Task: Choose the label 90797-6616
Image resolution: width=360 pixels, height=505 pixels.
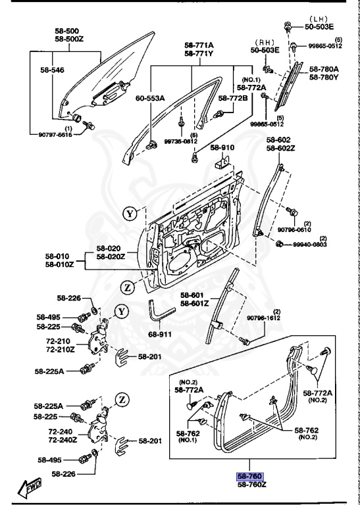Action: click(51, 134)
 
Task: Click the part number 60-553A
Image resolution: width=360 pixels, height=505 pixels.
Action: click(151, 98)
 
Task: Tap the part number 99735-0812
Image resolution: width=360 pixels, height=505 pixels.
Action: click(180, 141)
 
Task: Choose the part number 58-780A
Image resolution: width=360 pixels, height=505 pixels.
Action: click(324, 69)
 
